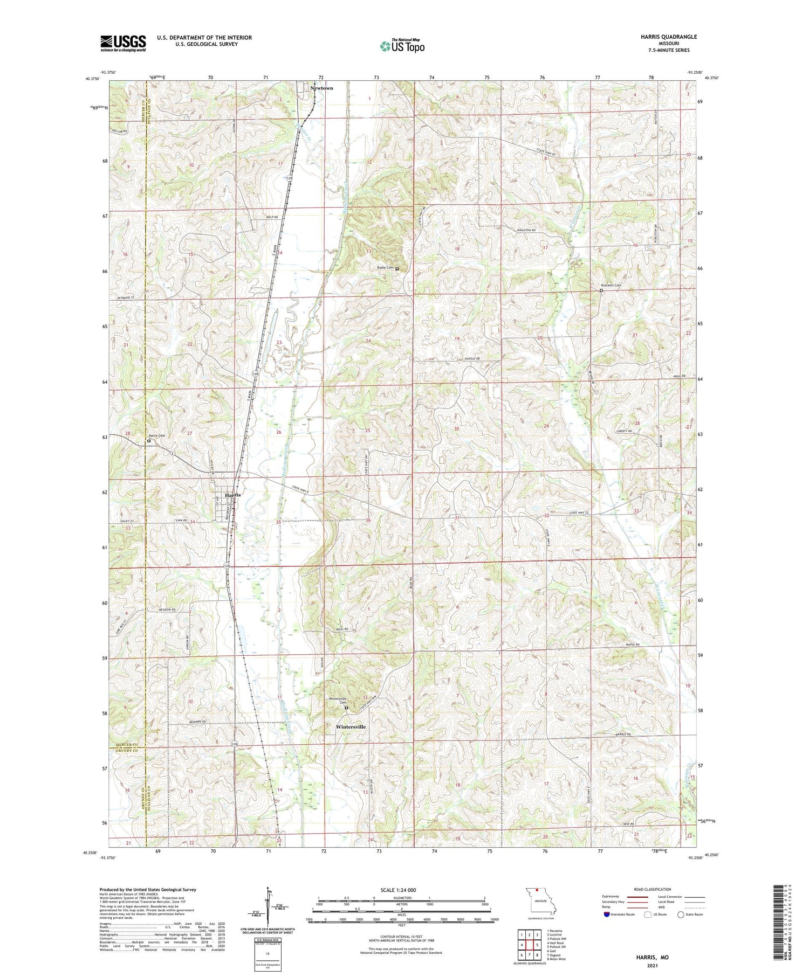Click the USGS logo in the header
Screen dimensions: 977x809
[123, 43]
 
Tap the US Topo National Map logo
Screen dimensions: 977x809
[402, 46]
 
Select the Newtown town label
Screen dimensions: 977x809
[321, 88]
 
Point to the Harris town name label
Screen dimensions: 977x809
[233, 495]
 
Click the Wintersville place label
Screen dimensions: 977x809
[351, 727]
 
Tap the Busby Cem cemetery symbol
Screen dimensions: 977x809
[397, 268]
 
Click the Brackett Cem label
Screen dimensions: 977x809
[611, 286]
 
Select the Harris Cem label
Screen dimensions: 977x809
[157, 436]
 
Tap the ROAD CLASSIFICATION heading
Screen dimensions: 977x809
[653, 889]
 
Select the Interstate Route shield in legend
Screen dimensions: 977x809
[607, 914]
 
